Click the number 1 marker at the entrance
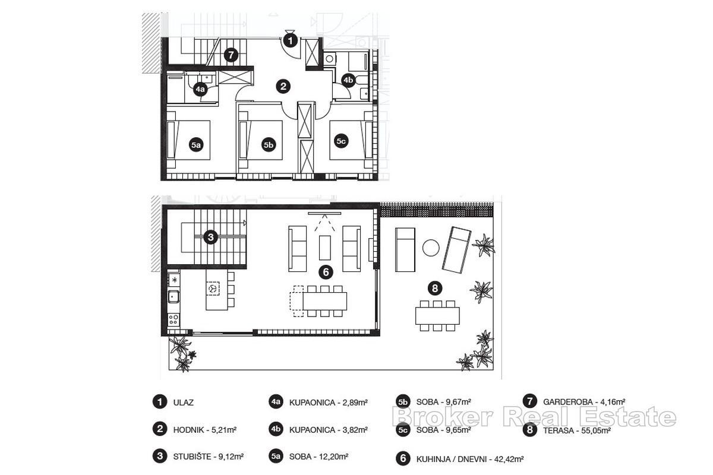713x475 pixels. coord(290,40)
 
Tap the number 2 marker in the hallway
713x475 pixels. coord(284,87)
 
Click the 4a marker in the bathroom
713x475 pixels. coord(201,90)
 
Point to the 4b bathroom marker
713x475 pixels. coord(348,80)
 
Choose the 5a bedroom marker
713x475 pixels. coord(196,144)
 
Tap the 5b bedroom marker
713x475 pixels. coord(269,144)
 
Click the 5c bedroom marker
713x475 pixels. coord(341,141)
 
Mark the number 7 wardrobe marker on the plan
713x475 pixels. coord(231,55)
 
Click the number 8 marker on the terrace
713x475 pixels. coord(436,289)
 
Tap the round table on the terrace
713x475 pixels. coord(431,248)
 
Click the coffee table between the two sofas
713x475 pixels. coord(325,247)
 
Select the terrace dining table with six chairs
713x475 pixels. coord(437,315)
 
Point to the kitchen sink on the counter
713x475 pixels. coord(173,296)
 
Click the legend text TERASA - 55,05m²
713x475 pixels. coord(575,430)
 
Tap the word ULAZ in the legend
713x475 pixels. coord(184,403)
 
